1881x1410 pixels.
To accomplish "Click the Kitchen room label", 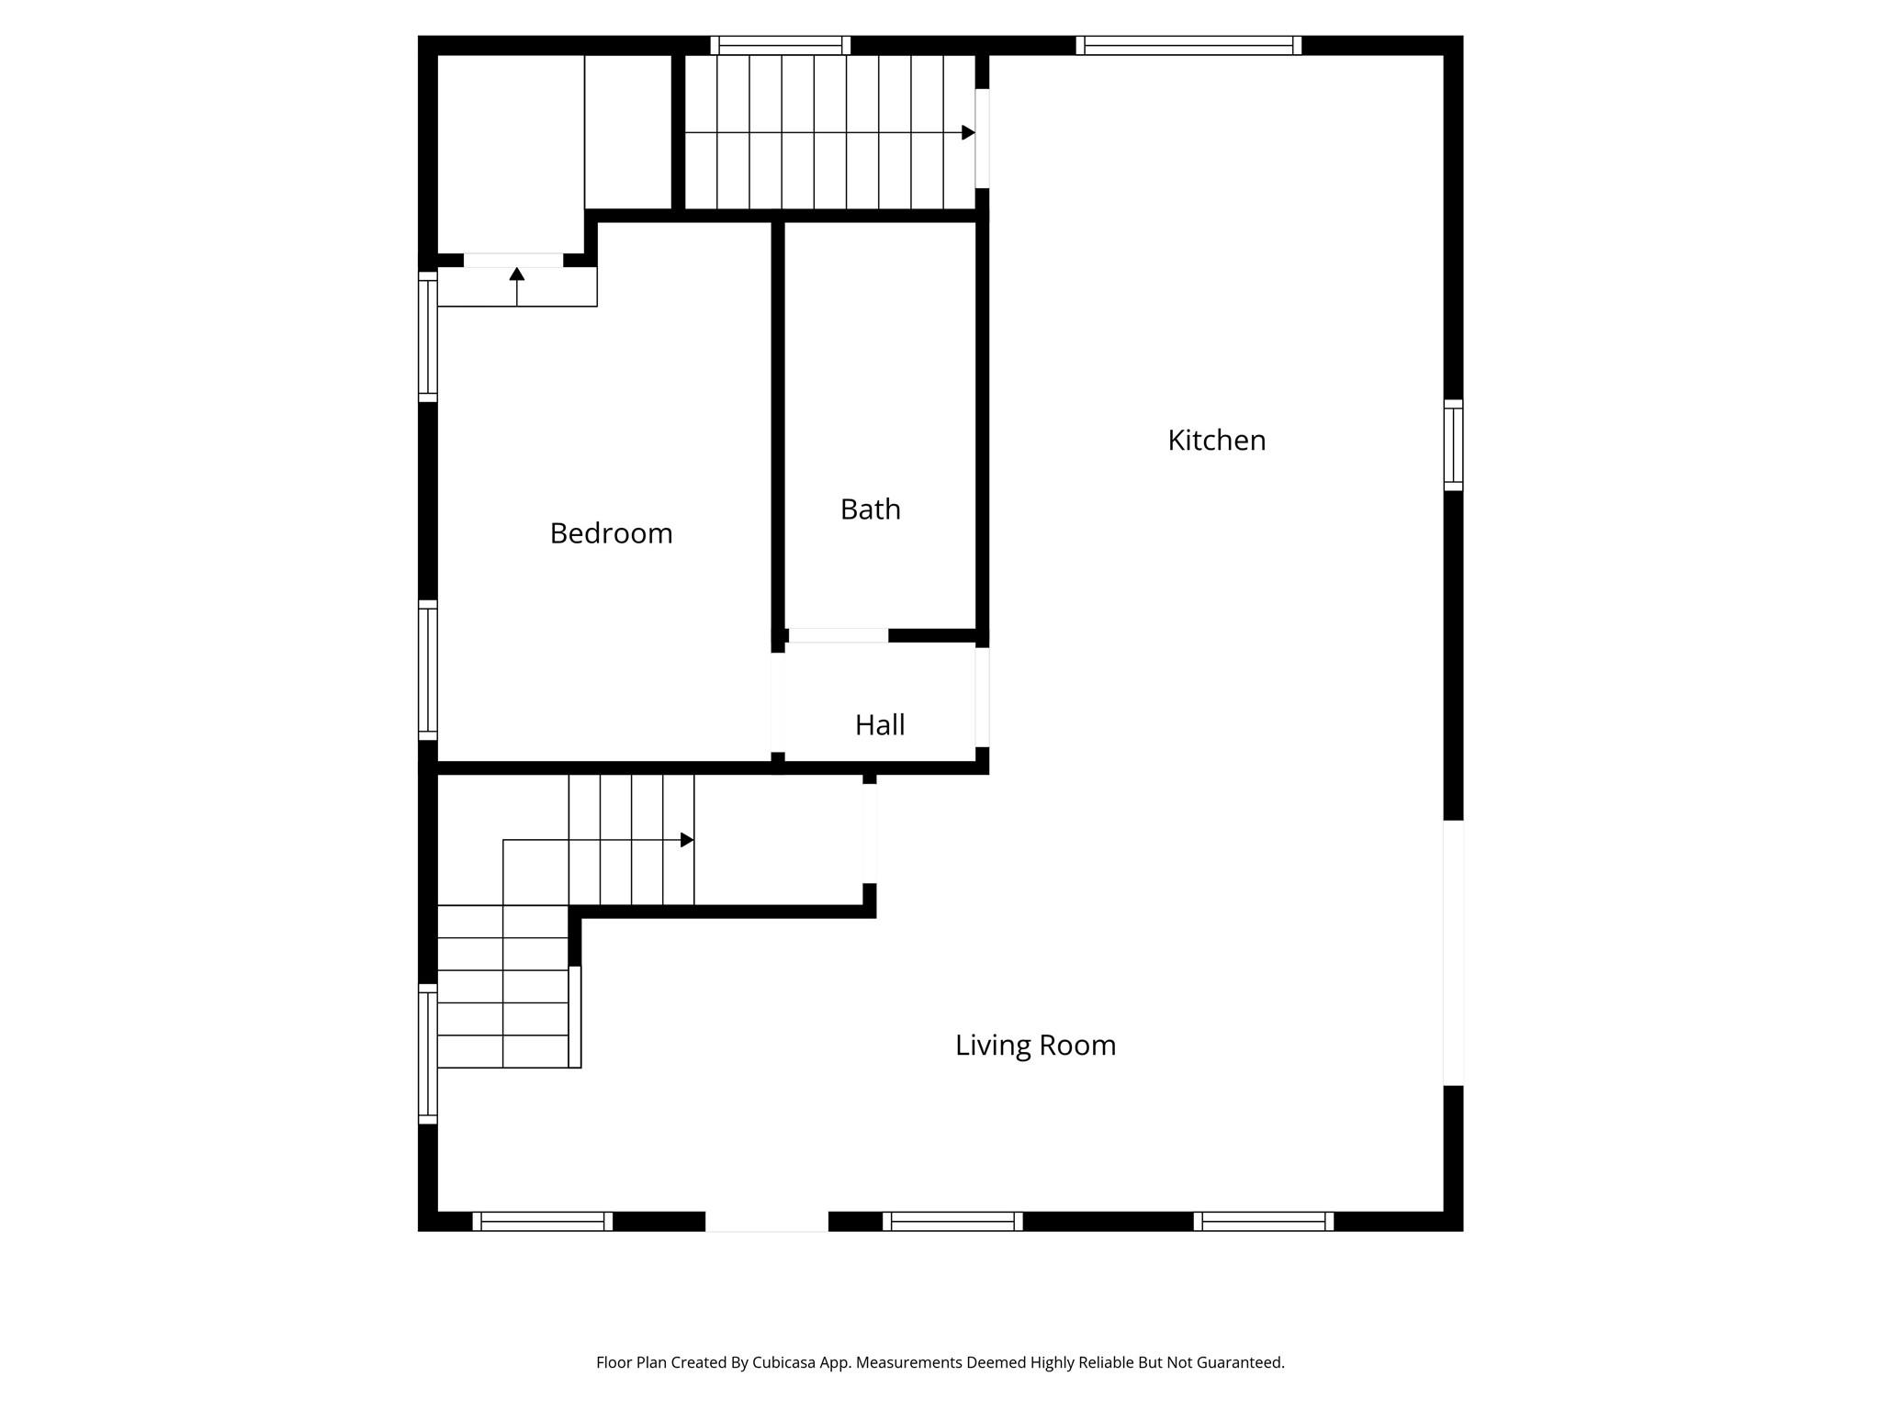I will coord(1216,441).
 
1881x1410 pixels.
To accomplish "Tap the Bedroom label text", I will coord(611,533).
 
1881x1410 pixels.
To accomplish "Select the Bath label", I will coord(870,509).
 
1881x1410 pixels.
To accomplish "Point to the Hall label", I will coord(880,725).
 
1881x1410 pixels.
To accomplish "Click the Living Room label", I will coord(1035,1046).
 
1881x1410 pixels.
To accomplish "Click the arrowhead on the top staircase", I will coord(968,133).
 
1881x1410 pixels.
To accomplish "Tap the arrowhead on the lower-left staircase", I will coord(686,840).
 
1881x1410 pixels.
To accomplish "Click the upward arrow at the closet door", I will coord(517,274).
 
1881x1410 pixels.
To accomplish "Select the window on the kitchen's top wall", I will coord(1188,46).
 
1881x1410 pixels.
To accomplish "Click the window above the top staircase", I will coord(780,46).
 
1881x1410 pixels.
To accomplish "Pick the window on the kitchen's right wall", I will coord(1453,445).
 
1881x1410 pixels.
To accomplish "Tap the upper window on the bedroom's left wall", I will coord(428,337).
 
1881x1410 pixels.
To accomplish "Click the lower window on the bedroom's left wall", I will coord(428,670).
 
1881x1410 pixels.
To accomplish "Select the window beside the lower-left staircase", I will coord(428,1054).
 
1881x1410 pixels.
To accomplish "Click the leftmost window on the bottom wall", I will coord(542,1221).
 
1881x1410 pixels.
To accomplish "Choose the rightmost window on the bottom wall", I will coord(1264,1221).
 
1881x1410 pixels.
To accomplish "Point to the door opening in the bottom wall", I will coord(766,1221).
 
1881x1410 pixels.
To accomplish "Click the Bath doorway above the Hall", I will coord(839,635).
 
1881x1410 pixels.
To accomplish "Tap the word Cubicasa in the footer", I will coord(785,1362).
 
